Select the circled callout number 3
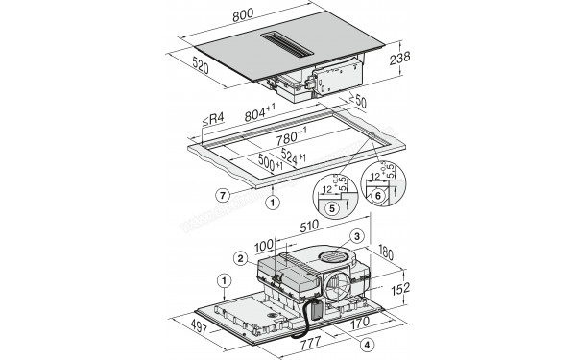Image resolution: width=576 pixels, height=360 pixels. [356, 235]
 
